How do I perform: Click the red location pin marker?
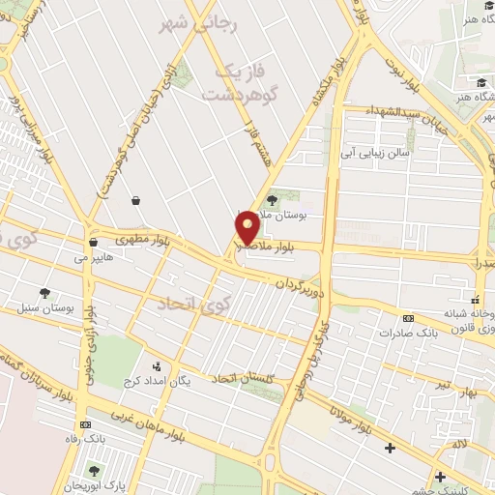pyautogui.click(x=247, y=228)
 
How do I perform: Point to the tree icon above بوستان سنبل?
pyautogui.click(x=45, y=292)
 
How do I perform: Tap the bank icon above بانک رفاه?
pyautogui.click(x=86, y=424)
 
